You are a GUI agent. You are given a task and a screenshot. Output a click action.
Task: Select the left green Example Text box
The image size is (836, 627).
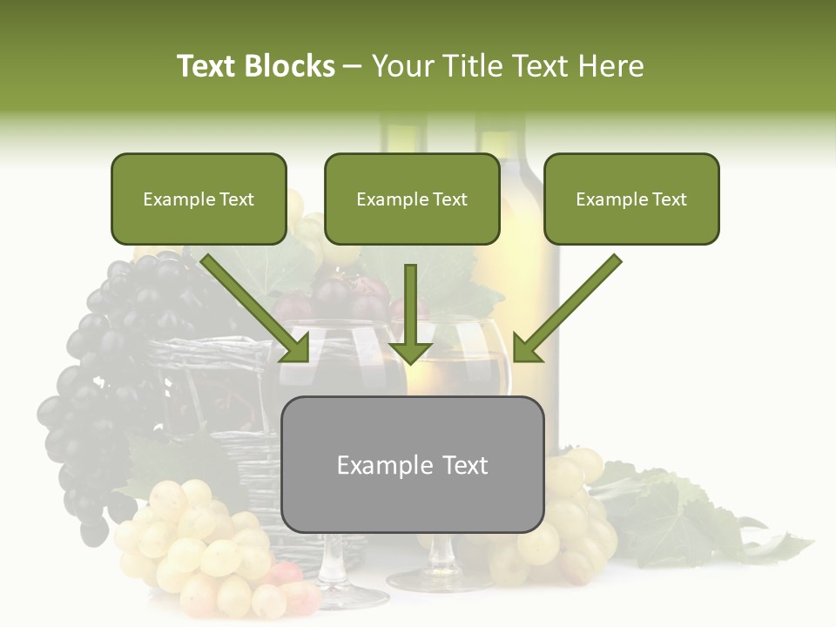pyautogui.click(x=199, y=199)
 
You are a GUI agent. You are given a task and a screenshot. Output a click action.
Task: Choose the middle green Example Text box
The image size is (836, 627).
pyautogui.click(x=412, y=199)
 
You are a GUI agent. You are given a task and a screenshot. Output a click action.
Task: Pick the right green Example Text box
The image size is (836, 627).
pyautogui.click(x=631, y=199)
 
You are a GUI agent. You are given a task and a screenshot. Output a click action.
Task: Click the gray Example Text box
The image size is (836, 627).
pyautogui.click(x=412, y=465)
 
